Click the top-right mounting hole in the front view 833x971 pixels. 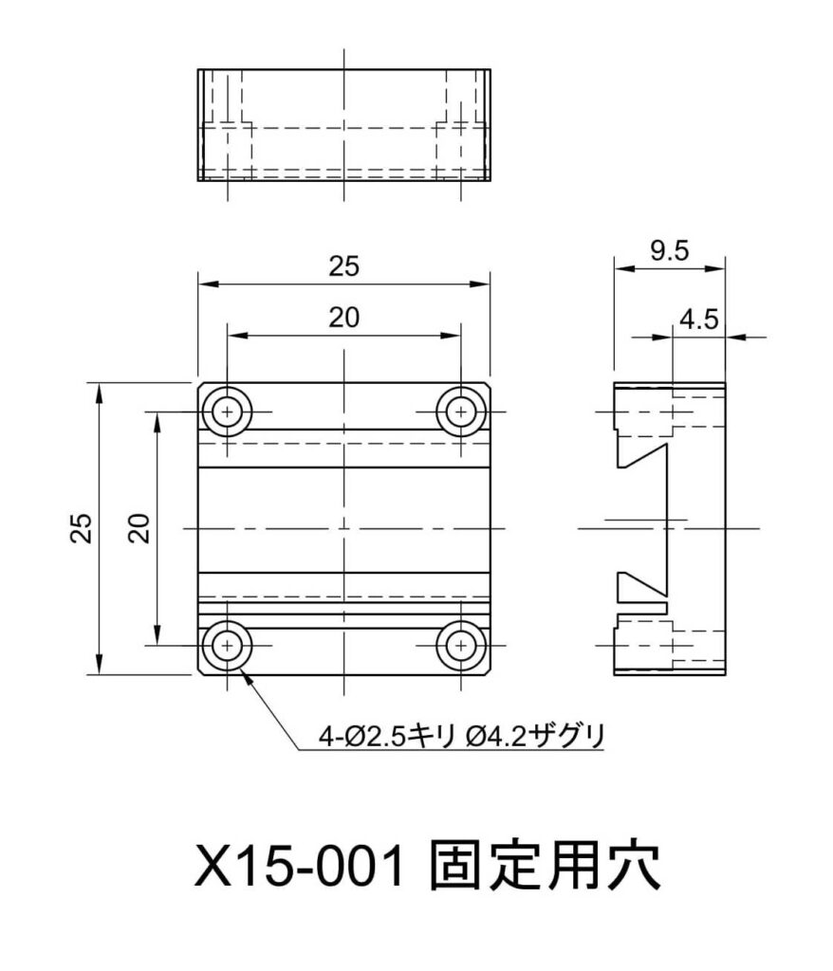460,412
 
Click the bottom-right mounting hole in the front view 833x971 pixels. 460,645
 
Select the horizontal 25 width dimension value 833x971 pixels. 344,267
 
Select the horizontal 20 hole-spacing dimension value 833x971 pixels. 344,319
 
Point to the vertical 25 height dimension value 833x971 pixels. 83,527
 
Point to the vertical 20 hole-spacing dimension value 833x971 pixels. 139,527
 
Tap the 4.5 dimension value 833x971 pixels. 697,319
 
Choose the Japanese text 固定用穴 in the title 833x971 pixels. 545,865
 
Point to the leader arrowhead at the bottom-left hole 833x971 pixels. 246,674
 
